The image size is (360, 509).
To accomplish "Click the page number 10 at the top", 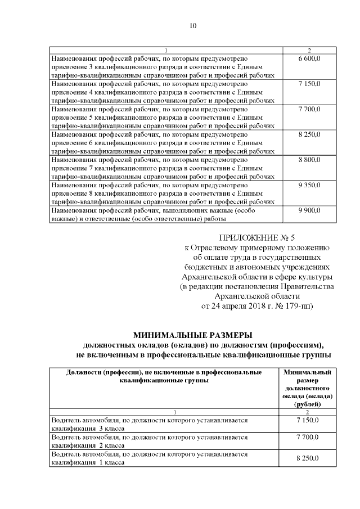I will point(193,25).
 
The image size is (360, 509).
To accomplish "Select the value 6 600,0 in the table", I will point(309,58).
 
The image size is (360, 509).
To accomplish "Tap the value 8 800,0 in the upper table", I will point(309,160).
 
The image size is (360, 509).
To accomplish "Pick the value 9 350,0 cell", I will point(309,185).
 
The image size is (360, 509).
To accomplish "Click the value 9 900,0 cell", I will point(309,210).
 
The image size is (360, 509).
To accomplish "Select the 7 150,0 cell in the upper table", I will point(309,83).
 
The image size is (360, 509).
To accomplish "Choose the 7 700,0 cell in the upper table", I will point(309,109).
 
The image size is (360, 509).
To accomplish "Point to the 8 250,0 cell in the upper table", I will point(309,135).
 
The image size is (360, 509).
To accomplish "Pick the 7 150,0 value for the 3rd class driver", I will point(307,420).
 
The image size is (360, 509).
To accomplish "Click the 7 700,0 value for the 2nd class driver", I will point(307,437).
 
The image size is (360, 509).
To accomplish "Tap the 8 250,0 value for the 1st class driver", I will point(307,458).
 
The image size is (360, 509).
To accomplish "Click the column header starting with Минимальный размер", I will point(307,388).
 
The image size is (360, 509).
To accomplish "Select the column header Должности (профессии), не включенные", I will point(164,376).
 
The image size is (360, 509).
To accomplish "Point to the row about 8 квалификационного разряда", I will point(163,192).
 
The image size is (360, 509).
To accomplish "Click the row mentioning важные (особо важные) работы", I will point(163,214).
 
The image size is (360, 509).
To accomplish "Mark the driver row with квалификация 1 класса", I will point(163,458).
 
